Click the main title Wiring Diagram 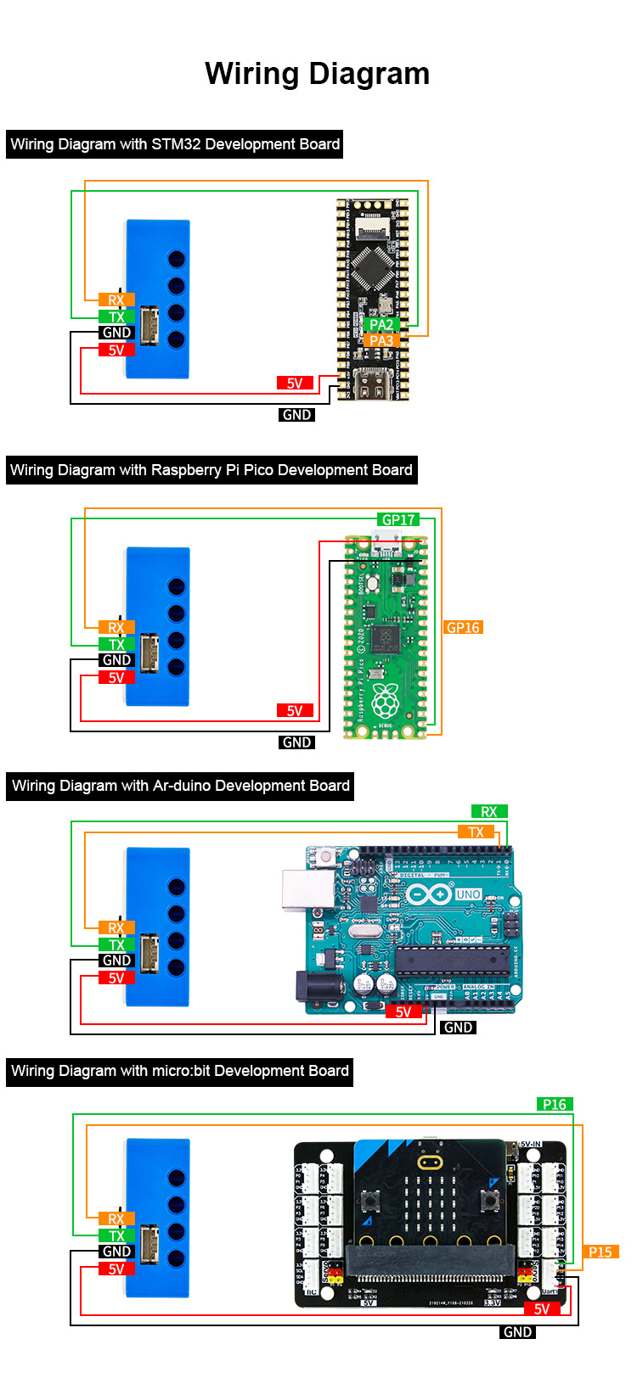[x=317, y=74]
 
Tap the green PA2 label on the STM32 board [x=381, y=324]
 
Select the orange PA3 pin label [x=381, y=341]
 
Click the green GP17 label [x=398, y=519]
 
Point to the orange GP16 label [x=463, y=628]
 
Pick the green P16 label [x=555, y=1104]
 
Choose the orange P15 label [x=600, y=1252]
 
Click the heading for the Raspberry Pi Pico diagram [x=211, y=470]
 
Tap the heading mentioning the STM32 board [x=175, y=144]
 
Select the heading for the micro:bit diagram [x=180, y=1071]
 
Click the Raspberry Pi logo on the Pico [x=386, y=700]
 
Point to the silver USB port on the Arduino [x=307, y=888]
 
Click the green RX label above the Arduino [x=489, y=812]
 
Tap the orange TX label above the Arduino [x=476, y=832]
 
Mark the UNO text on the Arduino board [x=469, y=894]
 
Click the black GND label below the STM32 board [x=297, y=415]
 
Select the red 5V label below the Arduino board [x=403, y=1011]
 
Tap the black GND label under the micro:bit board [x=518, y=1332]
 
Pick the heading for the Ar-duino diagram [x=181, y=786]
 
